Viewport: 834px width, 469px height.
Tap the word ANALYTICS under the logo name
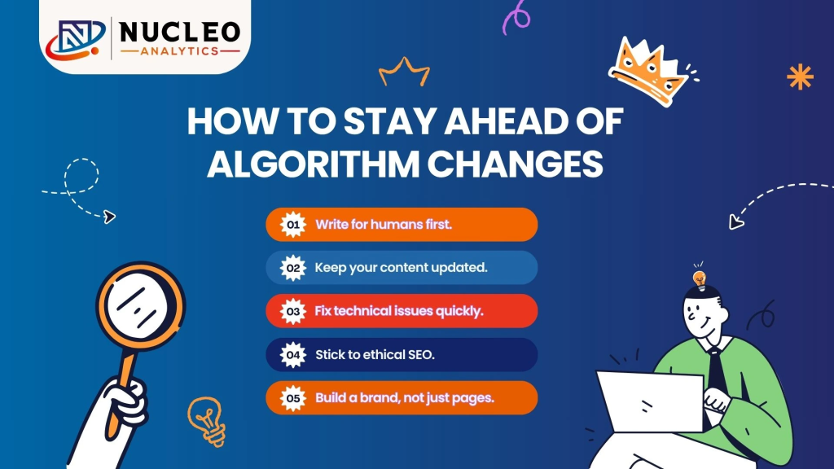pos(181,50)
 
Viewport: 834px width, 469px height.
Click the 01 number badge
pos(292,225)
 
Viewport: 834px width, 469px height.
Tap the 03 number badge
pos(292,311)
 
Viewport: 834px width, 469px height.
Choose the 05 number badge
pos(292,398)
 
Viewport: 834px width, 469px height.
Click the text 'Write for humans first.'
pos(384,225)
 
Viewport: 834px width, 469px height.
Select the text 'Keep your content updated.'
pos(401,268)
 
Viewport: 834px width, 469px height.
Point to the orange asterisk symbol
pos(800,77)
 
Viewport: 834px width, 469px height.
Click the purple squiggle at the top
pos(516,18)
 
